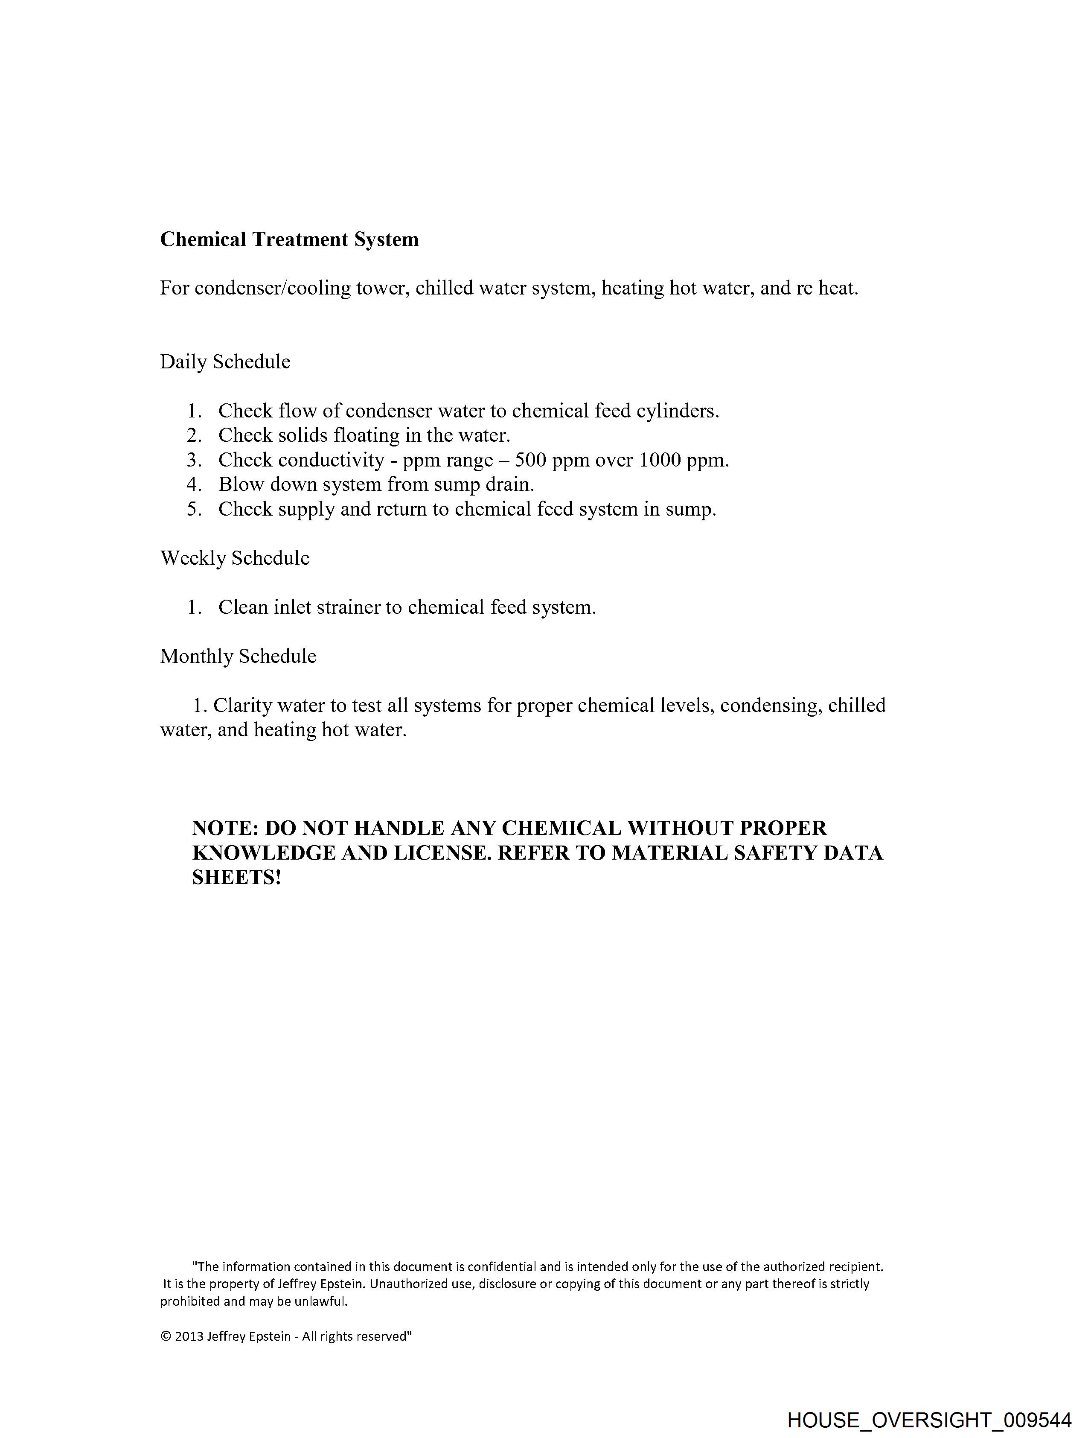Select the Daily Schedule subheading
[x=225, y=362]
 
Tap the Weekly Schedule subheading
[x=235, y=558]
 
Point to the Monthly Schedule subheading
[x=238, y=656]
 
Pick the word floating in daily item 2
[x=366, y=435]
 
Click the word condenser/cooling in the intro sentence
[x=272, y=288]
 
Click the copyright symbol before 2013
[x=166, y=1336]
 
